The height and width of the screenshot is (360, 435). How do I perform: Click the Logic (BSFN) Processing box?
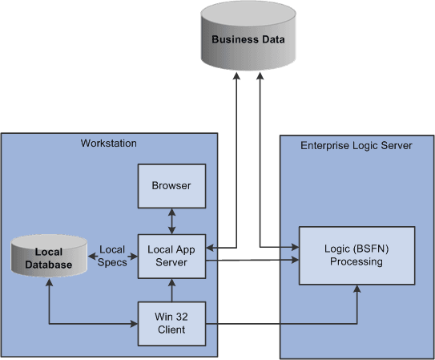(x=356, y=255)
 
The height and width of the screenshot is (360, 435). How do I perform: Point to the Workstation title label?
(x=109, y=144)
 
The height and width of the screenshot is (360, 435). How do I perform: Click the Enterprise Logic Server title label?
(x=356, y=145)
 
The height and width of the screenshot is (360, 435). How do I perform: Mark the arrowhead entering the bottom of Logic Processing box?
(x=356, y=289)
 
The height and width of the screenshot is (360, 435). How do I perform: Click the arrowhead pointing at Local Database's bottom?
(x=50, y=282)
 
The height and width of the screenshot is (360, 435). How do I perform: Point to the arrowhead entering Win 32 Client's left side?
(x=134, y=324)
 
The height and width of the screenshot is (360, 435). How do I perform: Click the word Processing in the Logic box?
(x=356, y=261)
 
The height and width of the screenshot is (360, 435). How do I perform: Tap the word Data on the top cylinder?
(x=272, y=39)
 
